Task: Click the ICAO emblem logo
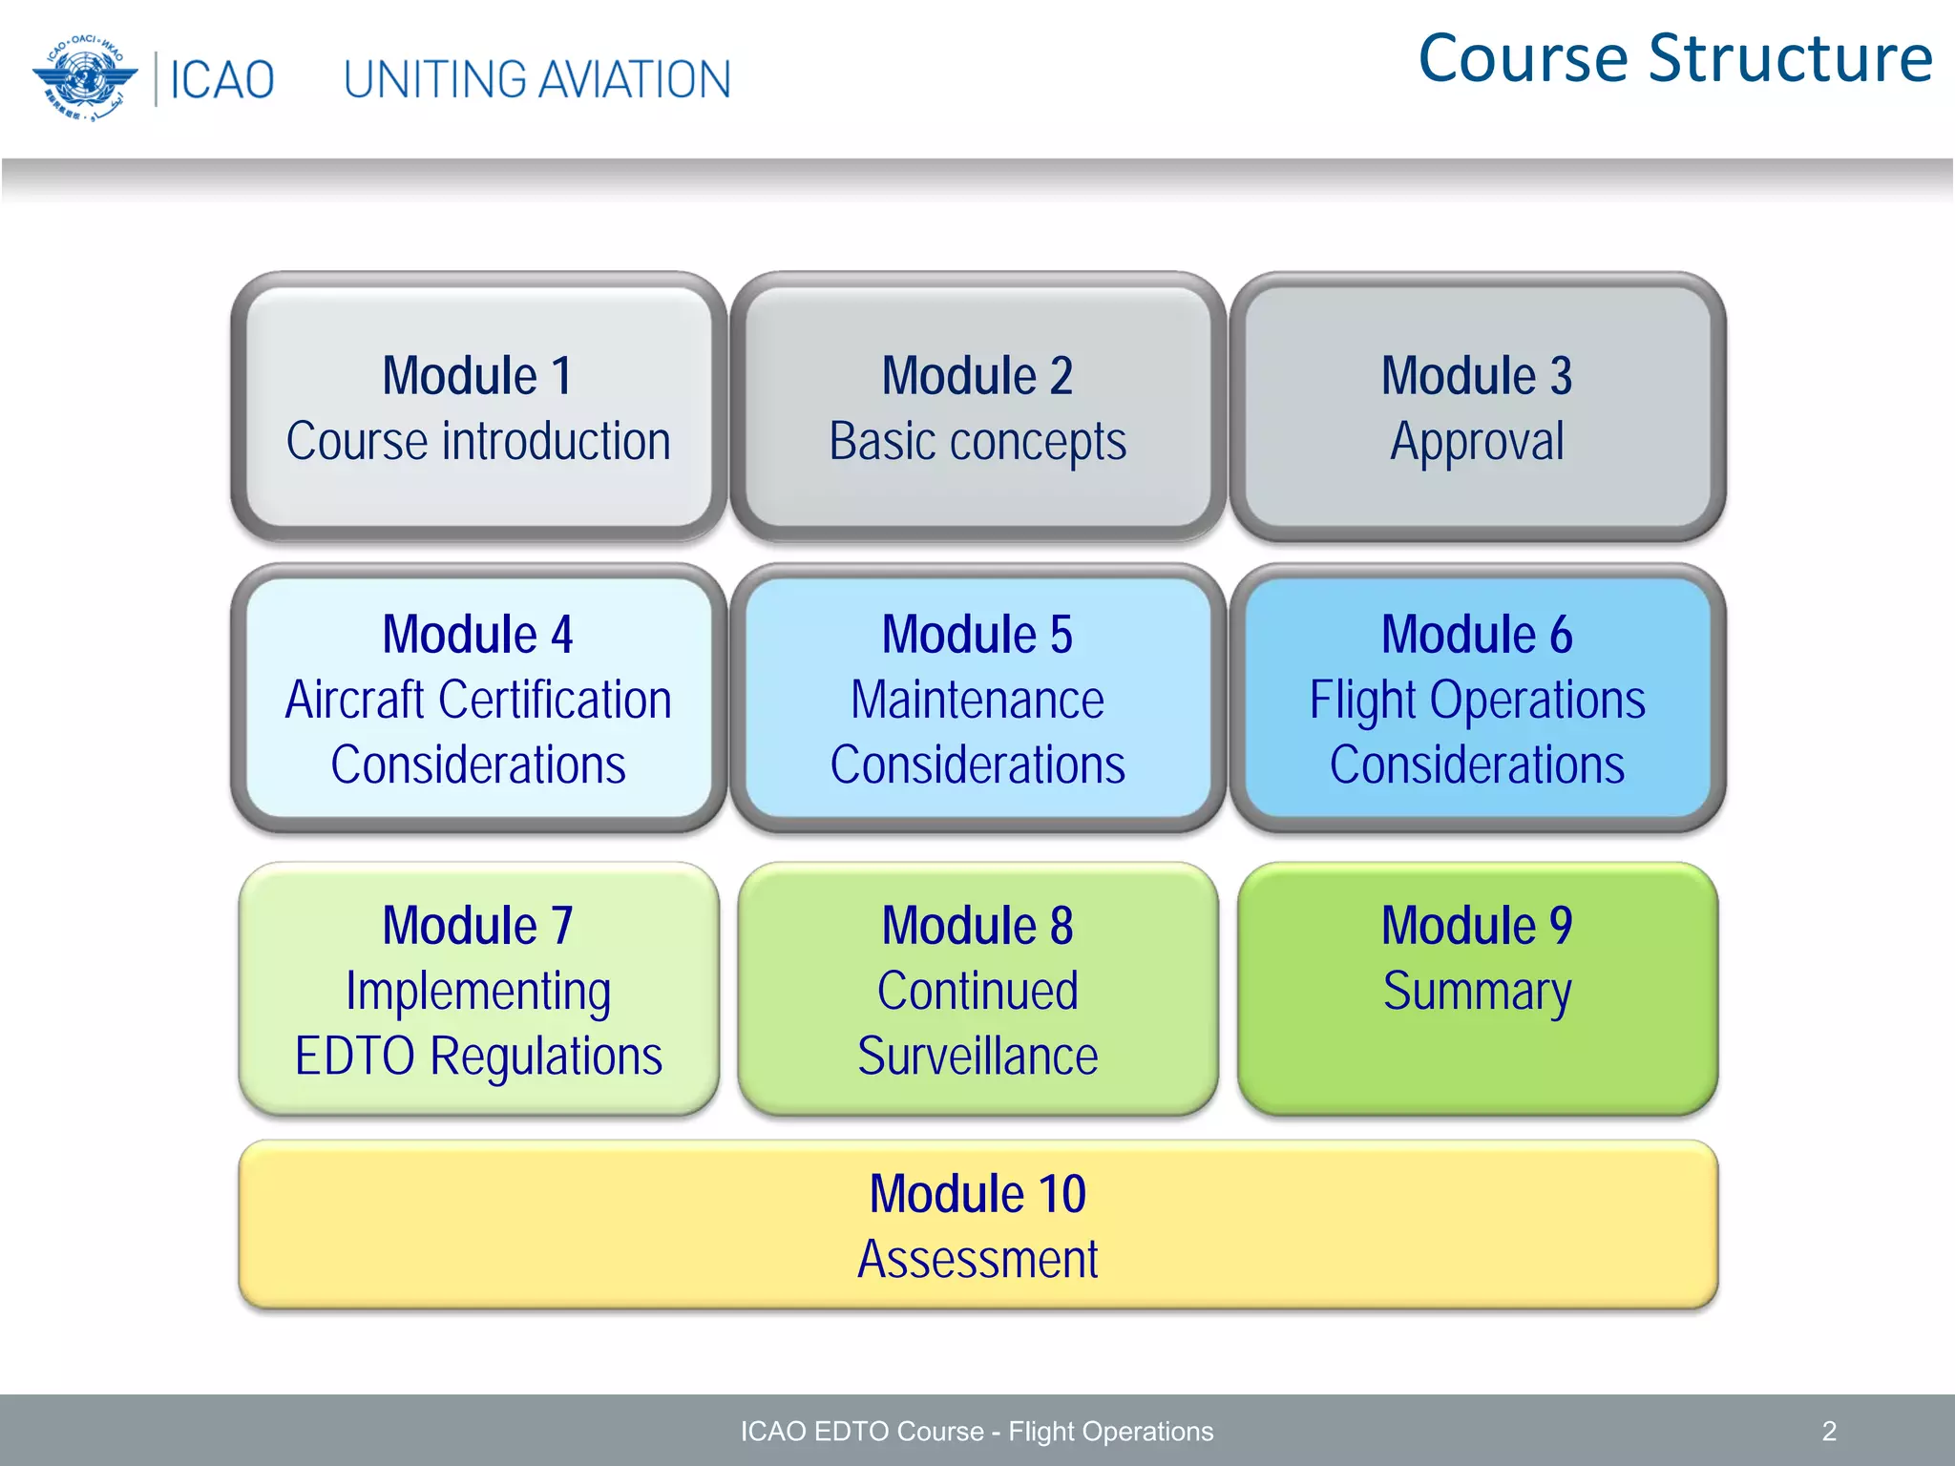click(84, 78)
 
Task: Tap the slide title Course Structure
click(1675, 59)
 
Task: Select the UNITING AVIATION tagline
click(536, 80)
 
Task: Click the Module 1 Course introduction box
click(478, 408)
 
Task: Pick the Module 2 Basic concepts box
click(977, 408)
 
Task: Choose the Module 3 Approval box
click(1477, 408)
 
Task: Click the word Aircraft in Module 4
click(354, 700)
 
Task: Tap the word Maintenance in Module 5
click(977, 700)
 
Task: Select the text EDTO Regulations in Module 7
click(478, 1057)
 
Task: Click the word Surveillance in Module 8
click(977, 1057)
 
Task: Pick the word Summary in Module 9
click(1477, 992)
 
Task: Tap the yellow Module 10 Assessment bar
click(977, 1225)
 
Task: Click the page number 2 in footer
click(1829, 1431)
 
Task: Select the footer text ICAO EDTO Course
click(861, 1431)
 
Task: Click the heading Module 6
click(1477, 635)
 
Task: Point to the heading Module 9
click(1477, 926)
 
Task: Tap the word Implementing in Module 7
click(478, 992)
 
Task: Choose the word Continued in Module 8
click(977, 992)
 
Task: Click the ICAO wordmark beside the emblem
click(221, 80)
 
